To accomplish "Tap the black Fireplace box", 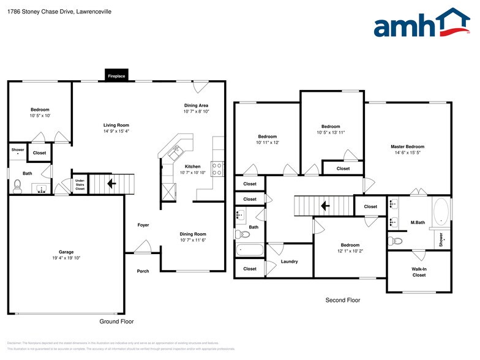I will [x=116, y=76].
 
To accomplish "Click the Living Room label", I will [x=116, y=126].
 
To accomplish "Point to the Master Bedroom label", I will [x=407, y=147].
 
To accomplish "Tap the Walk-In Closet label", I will [x=419, y=272].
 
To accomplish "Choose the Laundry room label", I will [x=289, y=261].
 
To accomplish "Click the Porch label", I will [x=143, y=271].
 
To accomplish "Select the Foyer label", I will [x=143, y=225].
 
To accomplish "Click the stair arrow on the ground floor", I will [x=111, y=182].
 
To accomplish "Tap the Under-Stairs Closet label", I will [x=80, y=185].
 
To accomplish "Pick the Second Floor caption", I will [x=343, y=301].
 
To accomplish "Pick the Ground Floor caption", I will [x=116, y=321].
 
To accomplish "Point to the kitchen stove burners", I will [x=217, y=168].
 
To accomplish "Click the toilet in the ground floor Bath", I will [x=17, y=188].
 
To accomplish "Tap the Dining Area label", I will [x=196, y=105].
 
